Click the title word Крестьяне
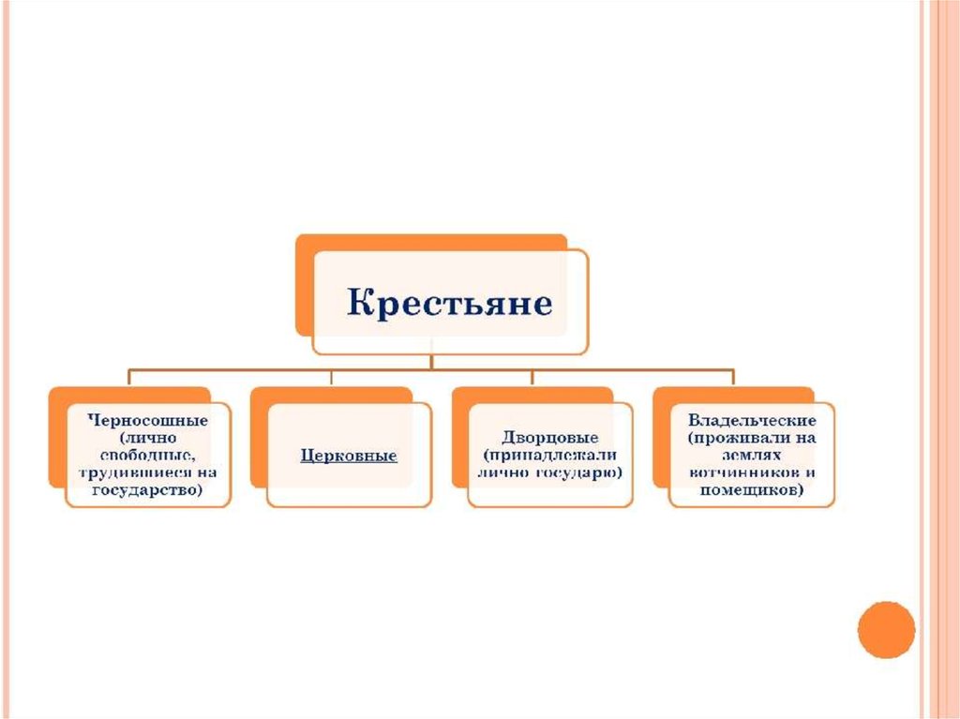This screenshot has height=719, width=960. coord(451,304)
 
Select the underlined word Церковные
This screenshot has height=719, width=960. coord(349,457)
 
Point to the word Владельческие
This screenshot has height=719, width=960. coord(752,421)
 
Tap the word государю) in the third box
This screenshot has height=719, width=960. coord(583,472)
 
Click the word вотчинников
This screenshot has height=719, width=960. coord(735,472)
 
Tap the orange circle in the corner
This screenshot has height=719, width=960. coord(885,629)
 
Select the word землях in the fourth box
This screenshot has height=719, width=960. coord(752,456)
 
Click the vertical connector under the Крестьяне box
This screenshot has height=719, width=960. coord(431,362)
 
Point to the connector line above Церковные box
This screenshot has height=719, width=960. coord(331,378)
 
